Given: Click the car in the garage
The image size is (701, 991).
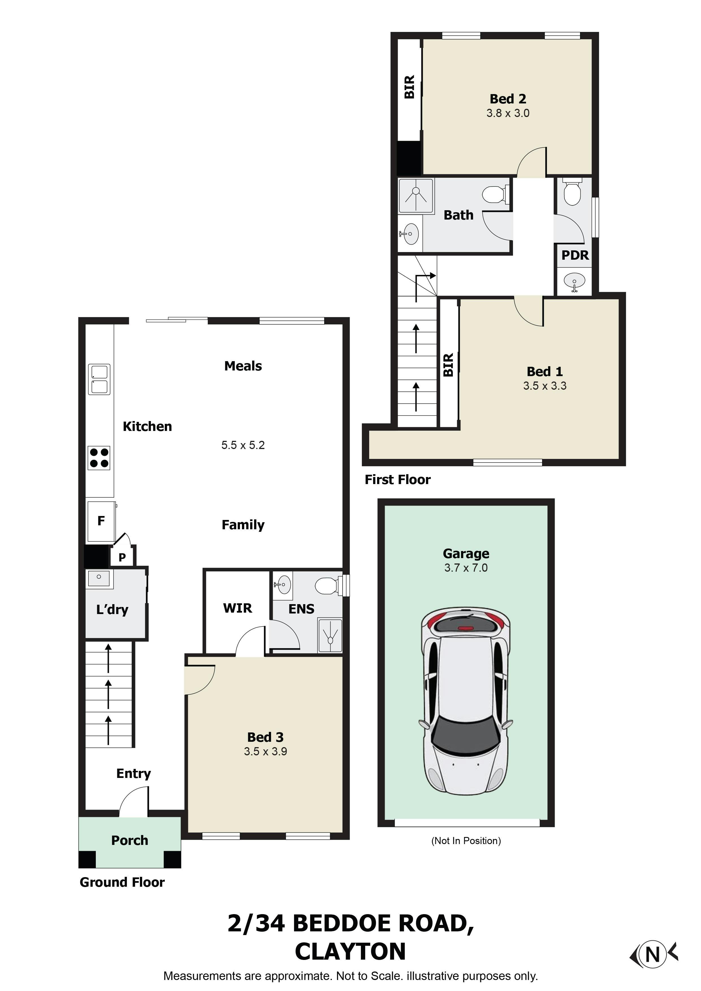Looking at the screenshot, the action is coord(466,702).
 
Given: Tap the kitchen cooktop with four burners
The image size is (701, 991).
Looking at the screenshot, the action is coord(99,457).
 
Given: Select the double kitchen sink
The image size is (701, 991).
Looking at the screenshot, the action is coord(99,380).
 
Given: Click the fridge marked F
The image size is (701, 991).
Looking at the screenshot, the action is coord(101,521).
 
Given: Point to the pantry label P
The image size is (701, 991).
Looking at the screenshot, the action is coord(122,557).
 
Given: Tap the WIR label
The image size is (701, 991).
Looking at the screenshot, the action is coord(237,608).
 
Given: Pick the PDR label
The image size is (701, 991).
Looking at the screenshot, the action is coord(575,255).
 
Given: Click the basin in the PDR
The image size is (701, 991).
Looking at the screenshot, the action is coord(575,281).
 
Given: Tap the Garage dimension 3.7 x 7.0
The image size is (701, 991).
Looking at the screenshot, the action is coord(466,568).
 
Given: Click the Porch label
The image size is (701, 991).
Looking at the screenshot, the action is coord(129,840).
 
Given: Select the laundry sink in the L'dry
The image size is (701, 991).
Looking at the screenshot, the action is coord(99,578).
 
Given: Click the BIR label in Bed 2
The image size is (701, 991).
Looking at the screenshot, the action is coord(409,87).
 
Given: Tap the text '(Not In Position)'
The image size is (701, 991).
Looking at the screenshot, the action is coord(466,841).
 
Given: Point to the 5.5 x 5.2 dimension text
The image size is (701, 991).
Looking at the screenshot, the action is coord(243,445).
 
